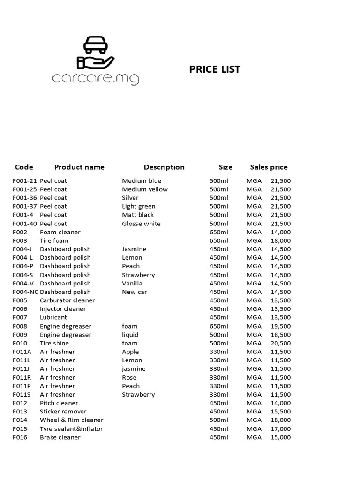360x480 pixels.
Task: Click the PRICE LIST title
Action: tap(215, 69)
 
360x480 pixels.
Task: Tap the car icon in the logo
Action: tap(95, 45)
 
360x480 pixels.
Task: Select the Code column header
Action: tap(24, 167)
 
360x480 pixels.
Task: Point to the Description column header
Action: tap(164, 167)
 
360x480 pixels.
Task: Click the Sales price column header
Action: tap(269, 167)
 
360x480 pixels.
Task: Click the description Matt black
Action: tap(138, 215)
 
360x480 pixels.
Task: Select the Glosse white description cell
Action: tap(141, 224)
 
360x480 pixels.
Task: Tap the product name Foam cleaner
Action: tap(60, 232)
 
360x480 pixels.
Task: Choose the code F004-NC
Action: tap(25, 292)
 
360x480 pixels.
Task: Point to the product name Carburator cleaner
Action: tap(67, 300)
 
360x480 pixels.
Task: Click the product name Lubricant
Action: tap(53, 317)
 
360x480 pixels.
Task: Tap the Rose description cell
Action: tap(129, 377)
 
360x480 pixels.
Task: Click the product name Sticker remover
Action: tap(63, 411)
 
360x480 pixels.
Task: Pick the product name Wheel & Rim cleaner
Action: tap(71, 420)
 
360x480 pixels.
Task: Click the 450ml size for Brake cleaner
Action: tap(219, 437)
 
